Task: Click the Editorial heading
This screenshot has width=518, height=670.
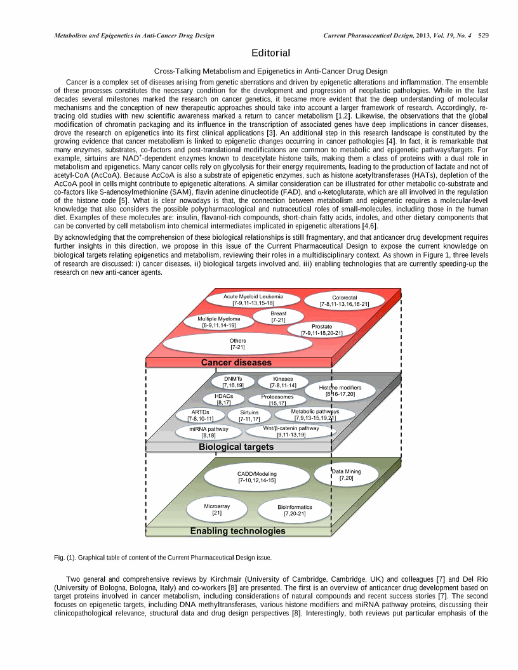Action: tap(270, 53)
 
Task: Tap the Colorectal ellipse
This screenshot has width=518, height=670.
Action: tap(345, 301)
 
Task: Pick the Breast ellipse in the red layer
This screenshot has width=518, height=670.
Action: tap(278, 317)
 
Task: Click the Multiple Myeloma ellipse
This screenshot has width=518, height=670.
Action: tap(219, 322)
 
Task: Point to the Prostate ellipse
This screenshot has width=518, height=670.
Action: tap(321, 330)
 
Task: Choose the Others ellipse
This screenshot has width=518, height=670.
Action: tap(237, 344)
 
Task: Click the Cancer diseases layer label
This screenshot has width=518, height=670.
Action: tap(236, 363)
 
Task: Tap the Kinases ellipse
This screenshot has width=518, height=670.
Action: tap(282, 381)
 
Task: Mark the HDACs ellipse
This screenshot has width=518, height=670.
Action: tap(224, 398)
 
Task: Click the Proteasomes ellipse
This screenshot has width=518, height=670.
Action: tap(277, 400)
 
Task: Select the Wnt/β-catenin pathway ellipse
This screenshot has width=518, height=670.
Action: tap(291, 431)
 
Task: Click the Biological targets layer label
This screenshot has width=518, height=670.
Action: tap(236, 447)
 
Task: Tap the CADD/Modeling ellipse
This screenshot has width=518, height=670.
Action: tap(256, 476)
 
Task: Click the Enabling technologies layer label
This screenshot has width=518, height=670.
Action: tap(237, 531)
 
